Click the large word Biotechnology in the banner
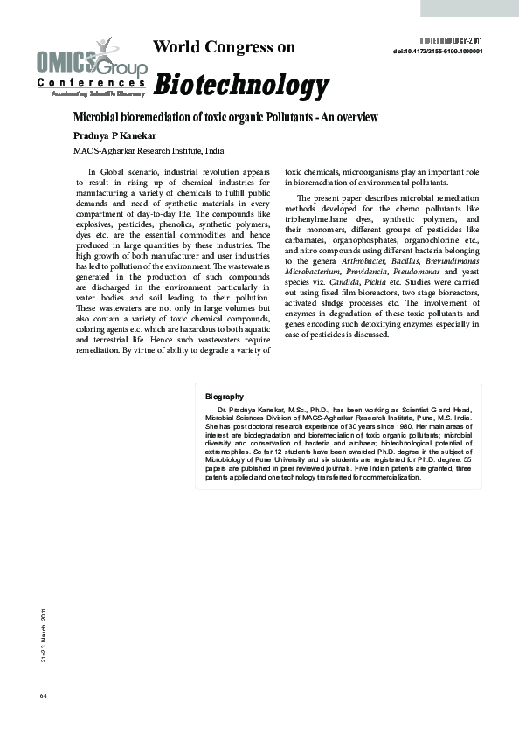point(241,86)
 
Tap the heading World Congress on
point(224,47)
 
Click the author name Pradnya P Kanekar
point(113,135)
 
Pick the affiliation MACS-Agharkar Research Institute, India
point(149,151)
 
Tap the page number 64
point(43,695)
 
